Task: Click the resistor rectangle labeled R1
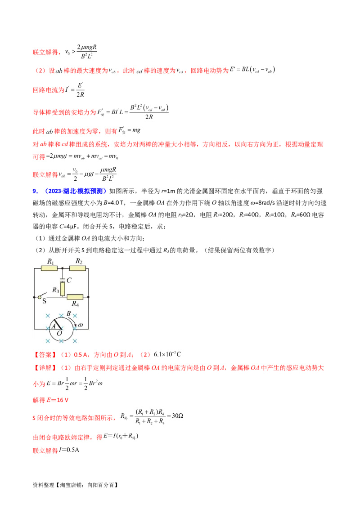click(49, 268)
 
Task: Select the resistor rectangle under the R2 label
click(77, 268)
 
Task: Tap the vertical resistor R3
click(63, 290)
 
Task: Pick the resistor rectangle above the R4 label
click(75, 297)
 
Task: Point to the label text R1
click(50, 261)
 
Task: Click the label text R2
click(79, 261)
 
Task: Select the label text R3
click(56, 290)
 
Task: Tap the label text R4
click(75, 304)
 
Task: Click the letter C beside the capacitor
click(69, 280)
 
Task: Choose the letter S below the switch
click(44, 302)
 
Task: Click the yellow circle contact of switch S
click(40, 297)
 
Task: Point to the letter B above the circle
click(69, 314)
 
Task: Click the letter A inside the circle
click(53, 327)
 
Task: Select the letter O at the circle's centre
click(59, 333)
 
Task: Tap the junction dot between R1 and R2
click(63, 268)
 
